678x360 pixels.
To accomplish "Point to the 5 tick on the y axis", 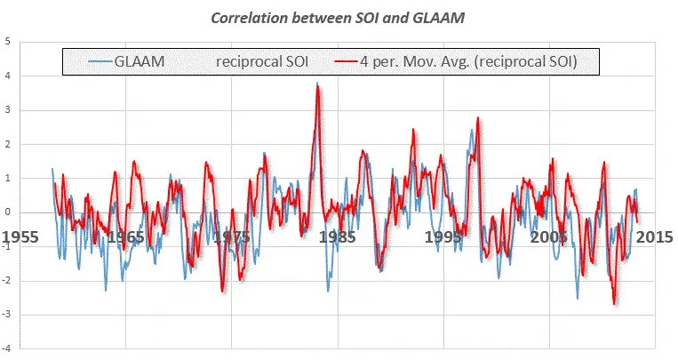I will point(8,41).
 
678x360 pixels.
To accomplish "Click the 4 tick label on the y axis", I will point(8,76).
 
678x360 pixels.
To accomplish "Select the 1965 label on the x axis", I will point(126,237).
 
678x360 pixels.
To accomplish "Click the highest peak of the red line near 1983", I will point(318,85).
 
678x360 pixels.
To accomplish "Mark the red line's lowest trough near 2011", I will point(614,304).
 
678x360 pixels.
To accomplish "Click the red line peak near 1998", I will point(478,117).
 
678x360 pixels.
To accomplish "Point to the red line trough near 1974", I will point(222,291).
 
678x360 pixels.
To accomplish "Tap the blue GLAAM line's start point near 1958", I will point(52,168).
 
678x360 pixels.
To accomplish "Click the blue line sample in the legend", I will point(100,61).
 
